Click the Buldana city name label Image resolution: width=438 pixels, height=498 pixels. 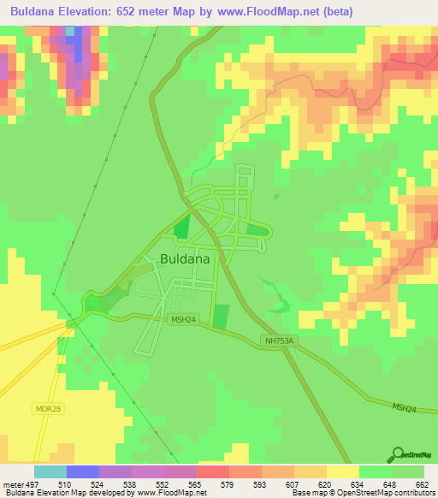(x=186, y=258)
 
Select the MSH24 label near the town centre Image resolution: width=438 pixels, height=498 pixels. (x=182, y=320)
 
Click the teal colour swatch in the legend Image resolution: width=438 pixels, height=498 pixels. (x=50, y=471)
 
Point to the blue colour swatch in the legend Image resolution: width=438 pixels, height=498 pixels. (x=82, y=471)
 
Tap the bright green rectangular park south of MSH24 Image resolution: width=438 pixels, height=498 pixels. (x=221, y=317)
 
